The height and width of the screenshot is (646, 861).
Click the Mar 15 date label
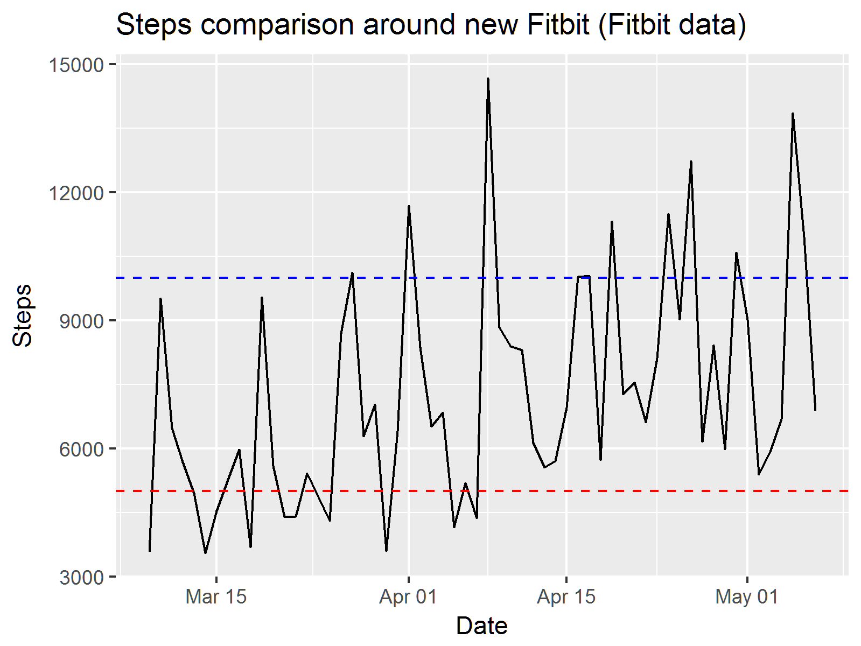pos(216,597)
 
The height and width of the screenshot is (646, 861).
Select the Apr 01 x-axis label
pos(409,597)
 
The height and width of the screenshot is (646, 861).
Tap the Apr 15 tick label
pos(566,597)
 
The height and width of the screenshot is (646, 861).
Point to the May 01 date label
pos(747,597)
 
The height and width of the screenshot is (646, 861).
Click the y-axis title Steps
pos(22,315)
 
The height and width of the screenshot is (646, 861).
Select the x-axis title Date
pos(481,626)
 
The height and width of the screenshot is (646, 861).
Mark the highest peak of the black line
pos(488,79)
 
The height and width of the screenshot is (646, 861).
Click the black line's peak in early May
pos(793,114)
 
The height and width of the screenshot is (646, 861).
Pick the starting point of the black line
pos(149,551)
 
